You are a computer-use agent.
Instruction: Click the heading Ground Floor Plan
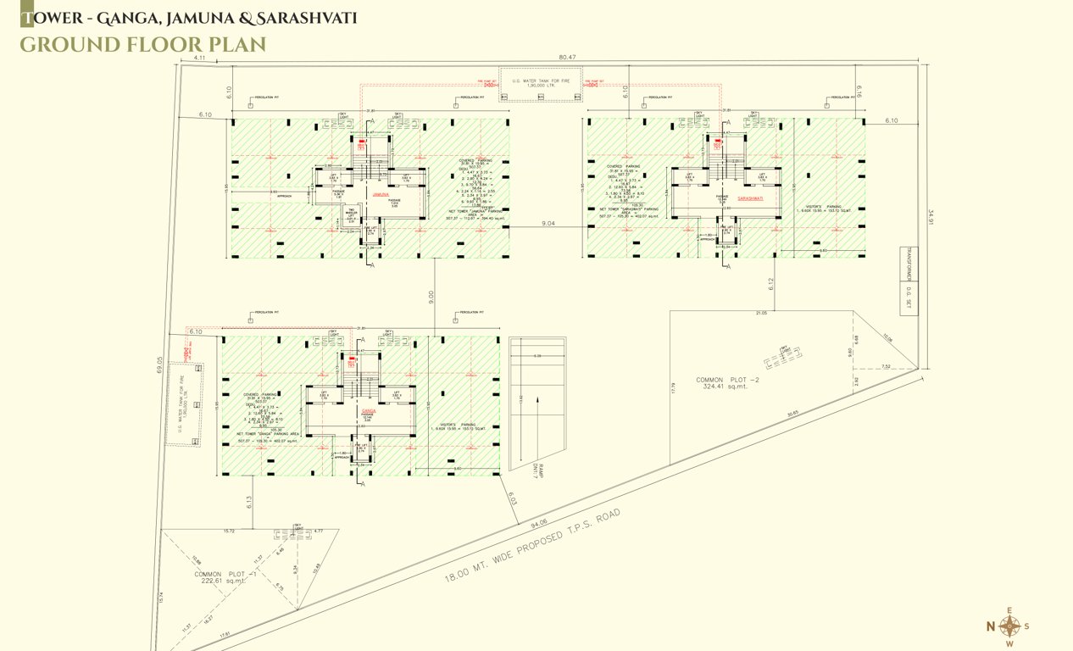click(x=142, y=44)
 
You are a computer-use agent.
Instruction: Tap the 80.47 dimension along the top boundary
click(x=567, y=58)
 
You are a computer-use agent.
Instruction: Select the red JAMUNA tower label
click(x=380, y=194)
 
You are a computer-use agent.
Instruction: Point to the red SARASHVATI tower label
click(x=752, y=198)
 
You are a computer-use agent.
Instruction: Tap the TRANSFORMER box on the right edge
click(x=906, y=264)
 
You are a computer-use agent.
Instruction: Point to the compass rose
click(x=1009, y=626)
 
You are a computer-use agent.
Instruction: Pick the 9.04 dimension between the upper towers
click(x=548, y=224)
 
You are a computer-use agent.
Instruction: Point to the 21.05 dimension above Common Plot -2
click(x=760, y=314)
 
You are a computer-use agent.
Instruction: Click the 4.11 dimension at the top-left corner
click(x=200, y=58)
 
